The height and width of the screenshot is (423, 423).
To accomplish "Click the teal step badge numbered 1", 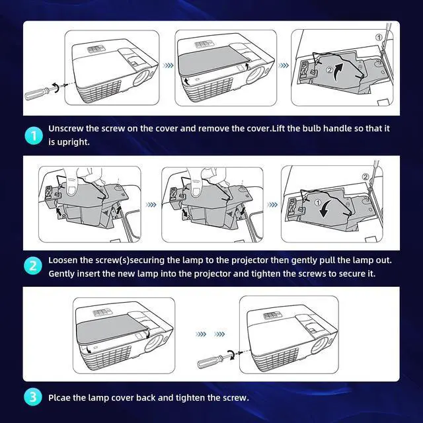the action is coord(34,135).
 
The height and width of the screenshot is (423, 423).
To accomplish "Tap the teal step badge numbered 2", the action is coord(33,266).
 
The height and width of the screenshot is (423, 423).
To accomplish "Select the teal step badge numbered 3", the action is coord(33,397).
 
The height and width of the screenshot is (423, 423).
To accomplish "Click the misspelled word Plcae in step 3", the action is coord(59,398).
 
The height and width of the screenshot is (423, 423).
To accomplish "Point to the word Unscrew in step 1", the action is coord(66,128).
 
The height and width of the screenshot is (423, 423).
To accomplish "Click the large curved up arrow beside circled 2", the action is coord(338,71).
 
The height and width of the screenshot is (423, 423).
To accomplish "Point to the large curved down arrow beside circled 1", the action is coord(325,209).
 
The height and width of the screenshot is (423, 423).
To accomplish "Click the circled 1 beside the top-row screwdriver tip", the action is coord(379,37).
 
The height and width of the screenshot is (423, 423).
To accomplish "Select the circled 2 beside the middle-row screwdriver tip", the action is coord(365,176).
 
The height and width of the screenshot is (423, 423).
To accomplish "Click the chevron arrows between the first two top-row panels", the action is coord(169,65).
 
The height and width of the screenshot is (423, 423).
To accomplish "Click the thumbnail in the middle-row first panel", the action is coord(71,188).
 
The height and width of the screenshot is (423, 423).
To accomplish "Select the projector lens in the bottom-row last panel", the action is coord(320,345).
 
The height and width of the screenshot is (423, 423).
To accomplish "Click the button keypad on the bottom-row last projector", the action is coord(272,315).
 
